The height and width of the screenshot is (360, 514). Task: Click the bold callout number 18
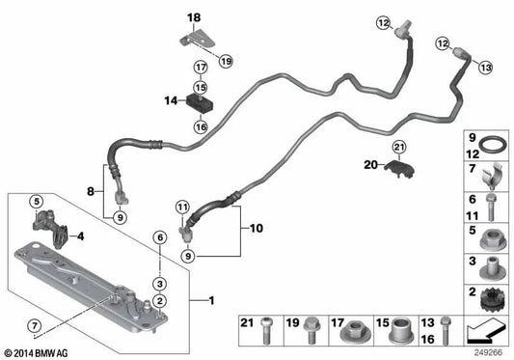pos(194,17)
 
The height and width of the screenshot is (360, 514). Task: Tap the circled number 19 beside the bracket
pos(226,61)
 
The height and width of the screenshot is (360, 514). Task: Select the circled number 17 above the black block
pos(201,68)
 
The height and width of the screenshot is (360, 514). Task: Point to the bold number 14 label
pos(171,100)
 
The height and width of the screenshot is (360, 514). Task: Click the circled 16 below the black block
pos(201,126)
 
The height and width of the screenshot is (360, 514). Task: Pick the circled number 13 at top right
pos(485,68)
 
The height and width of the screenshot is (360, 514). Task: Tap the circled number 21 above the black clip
pos(399,147)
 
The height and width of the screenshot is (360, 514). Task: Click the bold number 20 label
pos(370,165)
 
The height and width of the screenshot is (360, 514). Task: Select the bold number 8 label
pos(91,191)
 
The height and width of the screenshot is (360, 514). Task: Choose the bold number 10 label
pos(257,228)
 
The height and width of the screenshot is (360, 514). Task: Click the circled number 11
pos(182,208)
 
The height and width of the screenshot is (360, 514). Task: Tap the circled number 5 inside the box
pos(37,201)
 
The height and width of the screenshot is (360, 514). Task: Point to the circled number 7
pos(35,325)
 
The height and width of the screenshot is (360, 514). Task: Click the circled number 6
pos(160,237)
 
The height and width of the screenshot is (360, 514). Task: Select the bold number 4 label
pos(81,235)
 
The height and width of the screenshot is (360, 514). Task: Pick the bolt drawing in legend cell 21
pos(266,331)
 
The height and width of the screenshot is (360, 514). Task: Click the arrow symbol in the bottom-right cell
pos(485,332)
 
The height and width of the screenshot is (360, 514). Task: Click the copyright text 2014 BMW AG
pos(37,353)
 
